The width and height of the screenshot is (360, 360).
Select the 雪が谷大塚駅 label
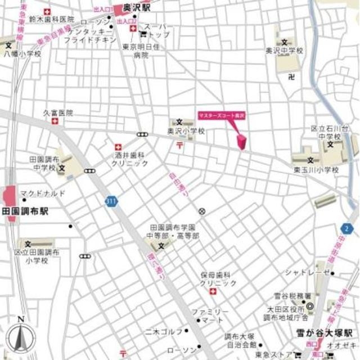(x=324, y=332)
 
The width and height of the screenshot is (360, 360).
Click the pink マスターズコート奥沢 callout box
(x=222, y=115)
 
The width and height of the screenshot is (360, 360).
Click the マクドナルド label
(x=43, y=193)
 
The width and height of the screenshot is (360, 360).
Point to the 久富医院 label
(x=58, y=112)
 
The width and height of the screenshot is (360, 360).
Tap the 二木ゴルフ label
(x=164, y=331)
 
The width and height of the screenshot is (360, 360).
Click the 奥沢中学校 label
(x=284, y=51)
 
